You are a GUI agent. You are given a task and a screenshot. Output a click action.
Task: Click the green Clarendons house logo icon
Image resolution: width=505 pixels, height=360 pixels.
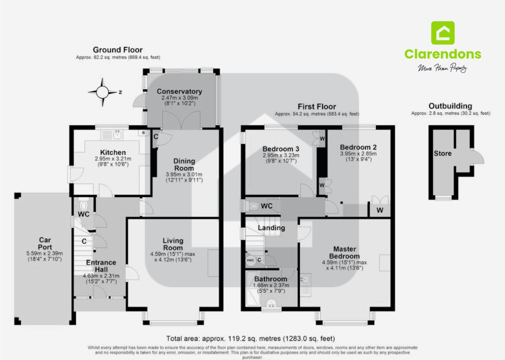(x=443, y=33)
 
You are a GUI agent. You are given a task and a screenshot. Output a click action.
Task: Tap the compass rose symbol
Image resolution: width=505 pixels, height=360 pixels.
(x=102, y=92)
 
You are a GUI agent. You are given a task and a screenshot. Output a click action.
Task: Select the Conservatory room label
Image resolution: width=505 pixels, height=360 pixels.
(x=179, y=91)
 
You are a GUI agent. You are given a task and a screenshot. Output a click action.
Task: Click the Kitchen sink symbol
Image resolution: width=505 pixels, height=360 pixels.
(x=116, y=135)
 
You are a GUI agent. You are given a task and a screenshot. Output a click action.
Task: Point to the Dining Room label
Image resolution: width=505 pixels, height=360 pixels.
(x=184, y=165)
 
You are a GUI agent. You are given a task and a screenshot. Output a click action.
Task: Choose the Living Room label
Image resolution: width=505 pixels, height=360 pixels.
(x=173, y=244)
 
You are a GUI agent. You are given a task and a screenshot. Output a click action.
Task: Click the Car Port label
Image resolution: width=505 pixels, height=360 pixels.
(x=45, y=243)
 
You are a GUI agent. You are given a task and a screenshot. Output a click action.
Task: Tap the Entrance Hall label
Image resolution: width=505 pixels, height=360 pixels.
(x=101, y=266)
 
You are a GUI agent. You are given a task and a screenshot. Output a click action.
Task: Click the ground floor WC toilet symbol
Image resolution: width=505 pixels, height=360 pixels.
(x=83, y=205)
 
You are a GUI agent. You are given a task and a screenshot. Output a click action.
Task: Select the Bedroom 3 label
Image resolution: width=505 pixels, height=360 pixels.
(x=281, y=149)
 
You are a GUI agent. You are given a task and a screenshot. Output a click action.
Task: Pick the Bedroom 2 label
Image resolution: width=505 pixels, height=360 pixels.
(x=358, y=147)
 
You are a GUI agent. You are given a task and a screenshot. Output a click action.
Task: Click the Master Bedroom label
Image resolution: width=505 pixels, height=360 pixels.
(x=344, y=252)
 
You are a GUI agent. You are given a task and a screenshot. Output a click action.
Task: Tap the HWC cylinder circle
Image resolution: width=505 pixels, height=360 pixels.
(x=250, y=260)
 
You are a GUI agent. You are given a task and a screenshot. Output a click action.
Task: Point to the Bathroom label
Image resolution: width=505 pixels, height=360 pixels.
(x=270, y=279)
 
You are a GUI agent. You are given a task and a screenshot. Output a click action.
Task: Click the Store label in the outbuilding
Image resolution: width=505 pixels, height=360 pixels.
(x=443, y=153)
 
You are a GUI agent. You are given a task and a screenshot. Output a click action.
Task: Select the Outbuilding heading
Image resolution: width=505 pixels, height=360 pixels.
(x=450, y=106)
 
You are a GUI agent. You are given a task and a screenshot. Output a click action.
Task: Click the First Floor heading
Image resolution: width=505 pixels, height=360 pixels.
(x=317, y=107)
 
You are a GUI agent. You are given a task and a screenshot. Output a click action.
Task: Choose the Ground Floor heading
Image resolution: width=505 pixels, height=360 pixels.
(x=118, y=50)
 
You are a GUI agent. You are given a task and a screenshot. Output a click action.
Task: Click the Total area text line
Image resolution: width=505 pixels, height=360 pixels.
(x=250, y=338)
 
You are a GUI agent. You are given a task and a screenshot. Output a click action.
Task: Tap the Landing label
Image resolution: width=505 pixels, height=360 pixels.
(x=271, y=228)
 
